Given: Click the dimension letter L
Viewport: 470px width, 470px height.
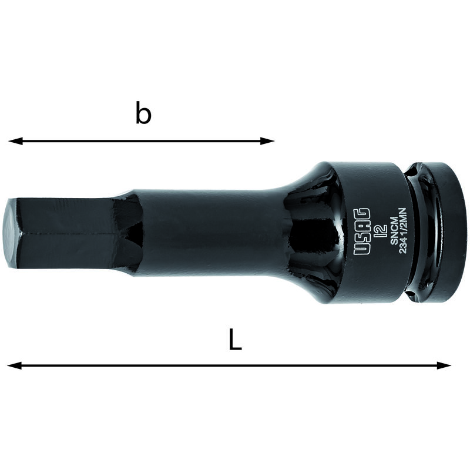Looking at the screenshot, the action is pyautogui.click(x=236, y=340).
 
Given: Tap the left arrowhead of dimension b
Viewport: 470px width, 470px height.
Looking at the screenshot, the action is pyautogui.click(x=16, y=141).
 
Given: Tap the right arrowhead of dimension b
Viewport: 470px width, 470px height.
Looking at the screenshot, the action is pyautogui.click(x=267, y=141).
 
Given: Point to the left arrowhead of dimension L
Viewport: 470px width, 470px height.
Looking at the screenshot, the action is pyautogui.click(x=14, y=365).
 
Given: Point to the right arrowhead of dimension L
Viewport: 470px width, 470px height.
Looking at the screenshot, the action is pyautogui.click(x=444, y=365).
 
